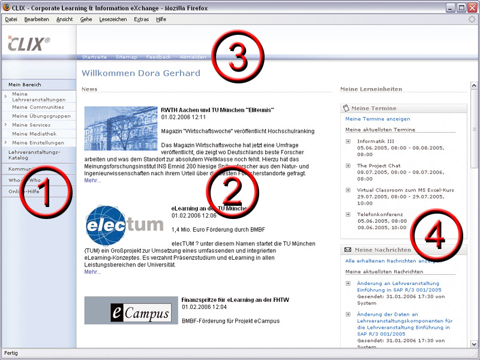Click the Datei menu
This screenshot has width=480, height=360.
11,19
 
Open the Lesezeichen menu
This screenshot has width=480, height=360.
113,19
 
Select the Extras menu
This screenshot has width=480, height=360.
142,19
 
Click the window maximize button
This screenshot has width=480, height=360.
461,8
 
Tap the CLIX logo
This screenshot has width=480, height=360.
29,43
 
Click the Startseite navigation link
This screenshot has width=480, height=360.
94,57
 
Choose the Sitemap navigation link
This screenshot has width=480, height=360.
126,57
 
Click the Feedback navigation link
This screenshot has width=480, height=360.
158,57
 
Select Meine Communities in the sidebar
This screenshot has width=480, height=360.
38,107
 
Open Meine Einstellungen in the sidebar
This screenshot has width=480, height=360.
38,143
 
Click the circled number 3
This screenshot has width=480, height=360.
239,59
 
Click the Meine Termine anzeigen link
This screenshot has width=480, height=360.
378,119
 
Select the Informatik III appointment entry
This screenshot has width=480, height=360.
376,141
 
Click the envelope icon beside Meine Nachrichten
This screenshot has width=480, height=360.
347,250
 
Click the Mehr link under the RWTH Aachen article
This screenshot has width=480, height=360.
92,180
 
